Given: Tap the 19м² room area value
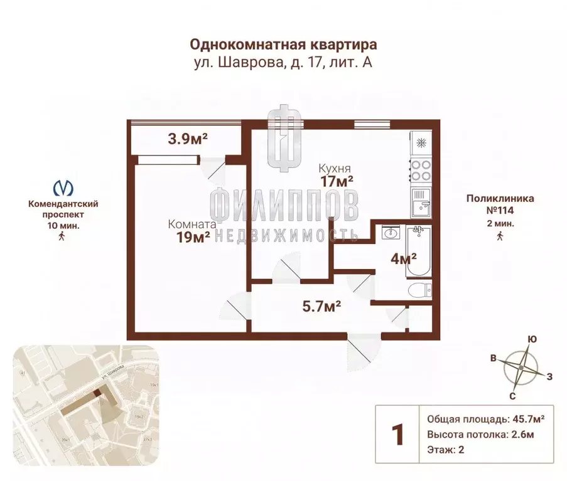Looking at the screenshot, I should (x=193, y=238).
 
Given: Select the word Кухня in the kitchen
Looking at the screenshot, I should (x=334, y=168).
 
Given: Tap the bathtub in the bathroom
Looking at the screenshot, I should (x=419, y=253).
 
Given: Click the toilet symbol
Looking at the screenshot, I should (x=419, y=290).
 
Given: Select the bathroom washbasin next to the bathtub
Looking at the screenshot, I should (x=390, y=233).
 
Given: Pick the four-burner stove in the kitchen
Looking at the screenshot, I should (x=420, y=168).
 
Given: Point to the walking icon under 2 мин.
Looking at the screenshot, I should (x=500, y=236).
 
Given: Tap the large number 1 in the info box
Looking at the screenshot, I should (x=397, y=435).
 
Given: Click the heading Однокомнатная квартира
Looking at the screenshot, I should (x=284, y=45).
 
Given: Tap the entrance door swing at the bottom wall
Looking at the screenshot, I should (x=363, y=352).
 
